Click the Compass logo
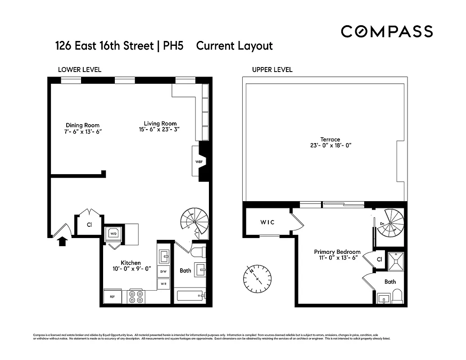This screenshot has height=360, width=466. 387,31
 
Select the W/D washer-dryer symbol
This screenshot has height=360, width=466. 113,234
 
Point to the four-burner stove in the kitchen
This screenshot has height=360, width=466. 136,297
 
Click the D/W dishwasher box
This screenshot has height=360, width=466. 163,271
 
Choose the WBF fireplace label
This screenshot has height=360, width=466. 198,161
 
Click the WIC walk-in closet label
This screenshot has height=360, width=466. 267,222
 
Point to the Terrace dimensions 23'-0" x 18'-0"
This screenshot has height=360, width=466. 330,145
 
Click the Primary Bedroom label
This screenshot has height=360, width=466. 337,252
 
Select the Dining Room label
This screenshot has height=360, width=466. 82,125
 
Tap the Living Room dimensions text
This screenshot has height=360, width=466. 160,130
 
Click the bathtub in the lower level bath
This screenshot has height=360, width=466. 190,296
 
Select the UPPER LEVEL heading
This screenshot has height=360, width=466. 272,70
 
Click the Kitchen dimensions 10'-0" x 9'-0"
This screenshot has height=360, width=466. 131,269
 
